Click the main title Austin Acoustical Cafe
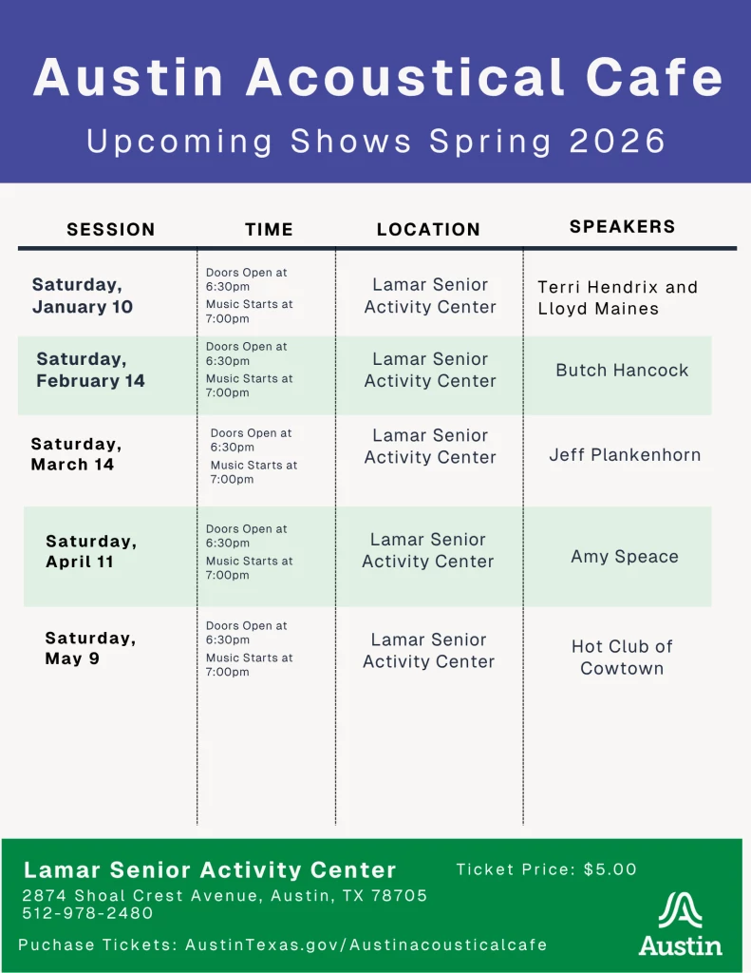pos(377,78)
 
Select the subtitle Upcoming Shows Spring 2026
pos(376,142)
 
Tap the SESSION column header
pos(111,229)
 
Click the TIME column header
pos(269,229)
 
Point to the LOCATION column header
pos(428,229)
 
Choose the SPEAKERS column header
pos(622,226)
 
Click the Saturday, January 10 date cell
pos(83,296)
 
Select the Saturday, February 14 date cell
pos(90,370)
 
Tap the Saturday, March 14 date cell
pos(76,454)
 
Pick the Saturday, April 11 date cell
pos(91,551)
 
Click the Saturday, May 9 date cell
pos(90,648)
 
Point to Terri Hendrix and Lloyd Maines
pos(617,297)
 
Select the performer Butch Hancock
pos(622,371)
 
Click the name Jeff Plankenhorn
pos(625,455)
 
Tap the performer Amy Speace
pos(625,557)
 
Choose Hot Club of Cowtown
pos(622,658)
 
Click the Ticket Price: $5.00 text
pos(546,869)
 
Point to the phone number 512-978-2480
pos(87,913)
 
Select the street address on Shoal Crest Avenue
pos(225,896)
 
